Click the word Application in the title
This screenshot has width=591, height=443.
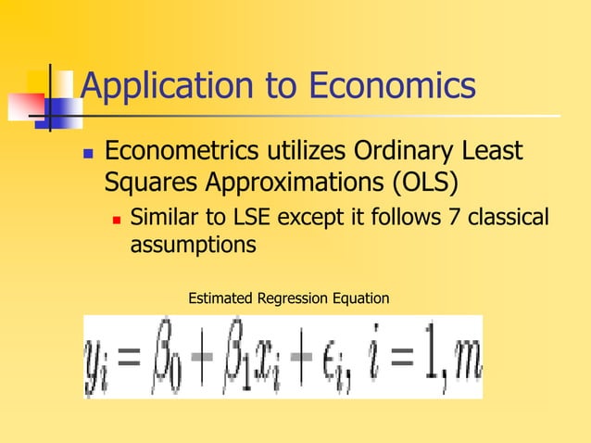(x=161, y=88)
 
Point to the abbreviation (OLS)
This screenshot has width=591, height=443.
(x=422, y=181)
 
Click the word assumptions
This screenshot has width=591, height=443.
(x=192, y=246)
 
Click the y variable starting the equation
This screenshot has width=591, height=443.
(x=97, y=360)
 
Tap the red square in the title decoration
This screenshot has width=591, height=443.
(x=21, y=105)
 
